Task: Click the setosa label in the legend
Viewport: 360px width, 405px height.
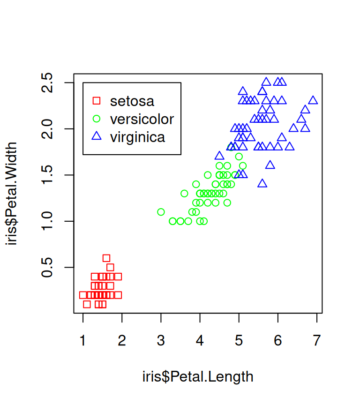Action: (132, 101)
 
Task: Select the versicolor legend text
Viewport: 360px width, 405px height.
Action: (142, 119)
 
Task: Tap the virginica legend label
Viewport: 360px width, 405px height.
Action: (137, 137)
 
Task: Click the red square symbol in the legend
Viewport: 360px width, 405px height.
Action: (97, 101)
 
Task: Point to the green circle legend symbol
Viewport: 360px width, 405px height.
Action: (97, 119)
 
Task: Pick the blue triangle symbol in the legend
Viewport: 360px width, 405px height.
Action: (97, 137)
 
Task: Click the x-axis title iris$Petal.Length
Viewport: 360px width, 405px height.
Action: (198, 377)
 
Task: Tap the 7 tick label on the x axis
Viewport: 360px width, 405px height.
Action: (317, 341)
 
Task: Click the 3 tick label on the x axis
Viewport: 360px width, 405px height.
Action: (161, 341)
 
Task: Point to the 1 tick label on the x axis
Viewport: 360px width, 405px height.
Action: (83, 341)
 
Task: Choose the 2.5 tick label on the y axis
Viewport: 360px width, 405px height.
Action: (47, 83)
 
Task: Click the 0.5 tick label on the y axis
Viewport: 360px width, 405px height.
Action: (47, 267)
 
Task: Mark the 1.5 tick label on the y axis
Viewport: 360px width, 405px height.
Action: (47, 175)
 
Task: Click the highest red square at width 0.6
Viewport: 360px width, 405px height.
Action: (106, 258)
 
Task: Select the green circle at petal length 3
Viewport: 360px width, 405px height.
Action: (161, 212)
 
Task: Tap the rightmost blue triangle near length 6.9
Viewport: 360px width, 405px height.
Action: (313, 100)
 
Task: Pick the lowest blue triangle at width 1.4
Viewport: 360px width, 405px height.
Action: (262, 183)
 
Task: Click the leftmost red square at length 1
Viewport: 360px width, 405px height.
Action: (83, 295)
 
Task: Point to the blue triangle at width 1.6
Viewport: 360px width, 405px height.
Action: (270, 165)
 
